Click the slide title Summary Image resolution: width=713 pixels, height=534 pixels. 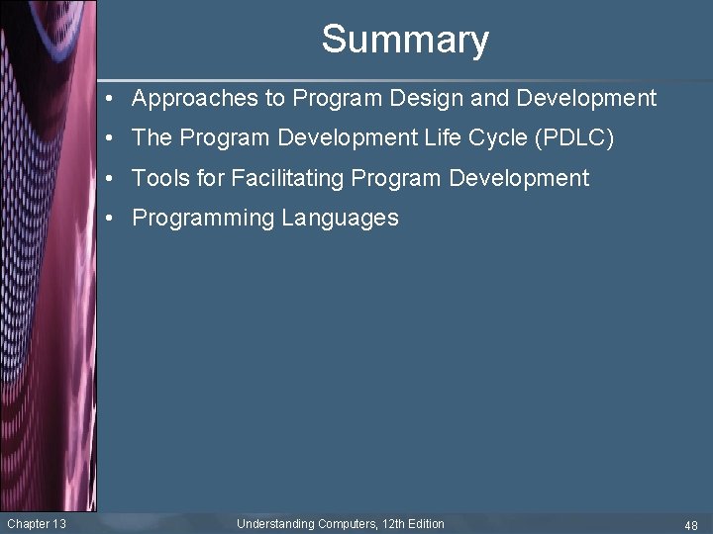[405, 40]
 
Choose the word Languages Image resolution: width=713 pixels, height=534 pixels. [340, 219]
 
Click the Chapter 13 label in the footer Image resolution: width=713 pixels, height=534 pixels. [36, 524]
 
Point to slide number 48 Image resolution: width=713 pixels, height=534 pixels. [690, 525]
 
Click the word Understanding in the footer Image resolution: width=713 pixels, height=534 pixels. [275, 524]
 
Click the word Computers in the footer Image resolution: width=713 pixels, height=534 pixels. [347, 524]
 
